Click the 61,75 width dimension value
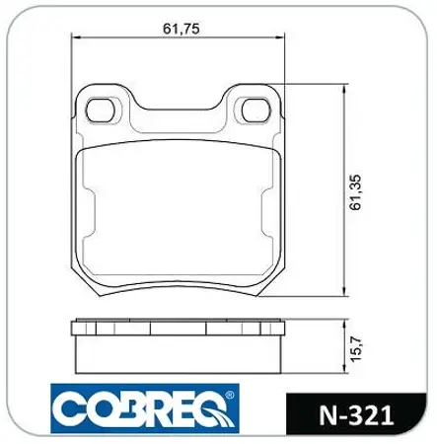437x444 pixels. pyautogui.click(x=182, y=29)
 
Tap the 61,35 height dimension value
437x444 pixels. pyautogui.click(x=356, y=192)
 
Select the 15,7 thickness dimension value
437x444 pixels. pyautogui.click(x=356, y=348)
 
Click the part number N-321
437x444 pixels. pyautogui.click(x=356, y=415)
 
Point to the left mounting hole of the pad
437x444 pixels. pyautogui.click(x=101, y=110)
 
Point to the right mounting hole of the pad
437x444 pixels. pyautogui.click(x=256, y=110)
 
